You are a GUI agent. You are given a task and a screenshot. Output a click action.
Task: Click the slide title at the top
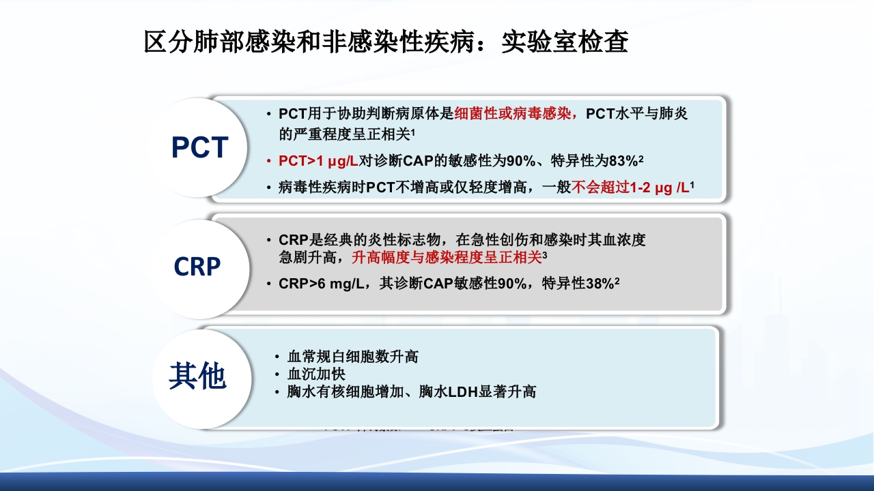tap(386, 42)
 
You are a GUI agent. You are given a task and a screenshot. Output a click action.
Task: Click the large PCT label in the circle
tap(199, 147)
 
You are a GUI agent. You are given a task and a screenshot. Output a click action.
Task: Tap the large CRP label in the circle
tap(197, 267)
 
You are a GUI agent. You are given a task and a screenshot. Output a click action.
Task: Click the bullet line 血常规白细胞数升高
tap(352, 357)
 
